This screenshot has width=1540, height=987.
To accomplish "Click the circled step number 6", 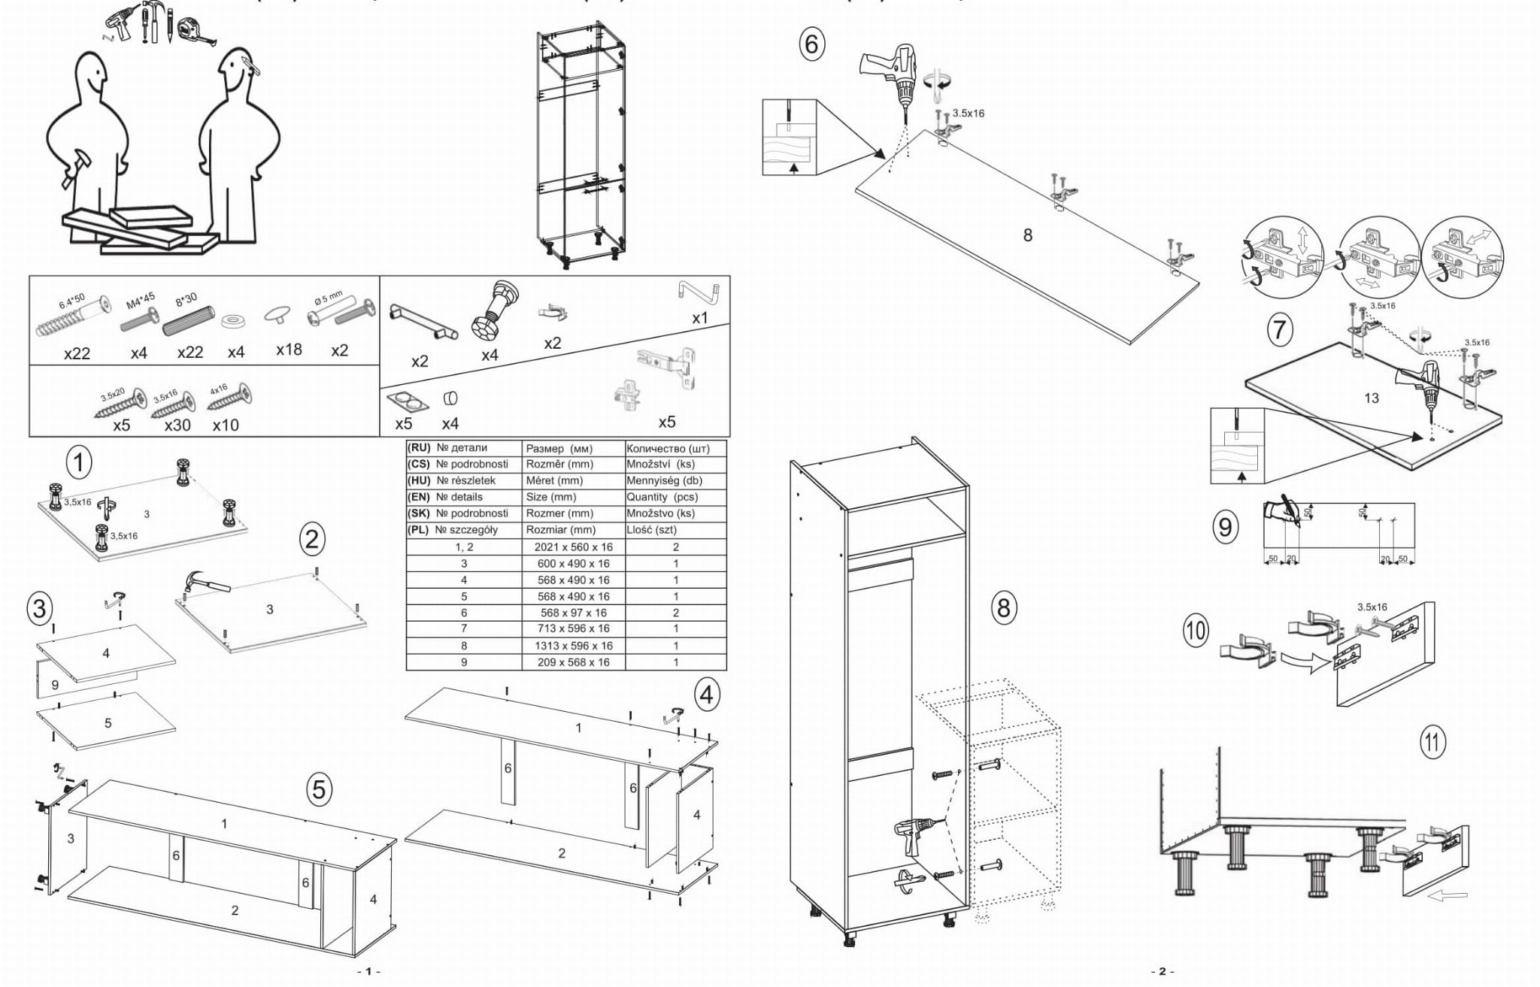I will (x=811, y=44).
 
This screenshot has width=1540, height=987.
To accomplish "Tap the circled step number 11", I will (x=1432, y=743).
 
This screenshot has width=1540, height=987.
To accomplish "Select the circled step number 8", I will (x=1003, y=607).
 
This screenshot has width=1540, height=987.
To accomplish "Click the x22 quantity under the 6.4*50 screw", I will (x=77, y=353).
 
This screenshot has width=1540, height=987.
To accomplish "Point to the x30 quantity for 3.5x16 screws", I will (x=177, y=425).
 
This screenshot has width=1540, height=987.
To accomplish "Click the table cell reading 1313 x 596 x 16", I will (x=573, y=646).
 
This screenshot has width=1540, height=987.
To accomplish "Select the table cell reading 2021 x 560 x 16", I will (x=573, y=547).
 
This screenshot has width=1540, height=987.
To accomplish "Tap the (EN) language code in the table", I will (x=418, y=497).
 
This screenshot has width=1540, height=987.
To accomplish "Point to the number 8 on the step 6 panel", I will (x=1027, y=235).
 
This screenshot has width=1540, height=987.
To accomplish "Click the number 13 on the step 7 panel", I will (x=1371, y=398).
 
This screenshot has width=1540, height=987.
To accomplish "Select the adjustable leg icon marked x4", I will (x=493, y=311).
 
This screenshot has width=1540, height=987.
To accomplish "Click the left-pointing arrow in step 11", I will (x=1446, y=895).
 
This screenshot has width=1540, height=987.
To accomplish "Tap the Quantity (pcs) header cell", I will (x=675, y=497).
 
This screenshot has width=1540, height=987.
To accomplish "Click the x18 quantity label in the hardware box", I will (x=289, y=350).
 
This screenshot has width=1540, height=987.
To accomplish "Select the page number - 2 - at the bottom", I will (x=1162, y=971).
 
